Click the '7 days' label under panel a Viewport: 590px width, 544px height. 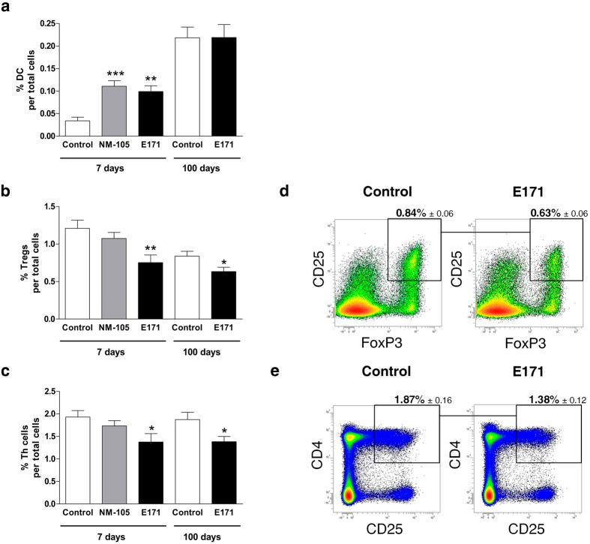tap(112, 167)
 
